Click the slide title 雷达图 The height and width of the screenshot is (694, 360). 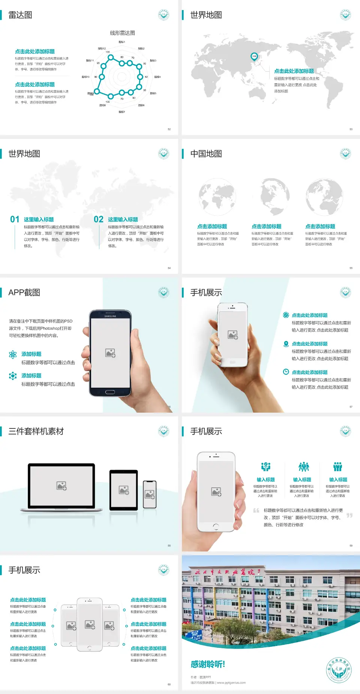[x=20, y=15]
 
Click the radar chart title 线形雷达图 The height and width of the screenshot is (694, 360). [x=122, y=33]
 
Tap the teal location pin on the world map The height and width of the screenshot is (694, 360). [x=254, y=57]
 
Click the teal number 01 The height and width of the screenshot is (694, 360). [x=15, y=219]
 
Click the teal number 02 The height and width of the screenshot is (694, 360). [x=99, y=219]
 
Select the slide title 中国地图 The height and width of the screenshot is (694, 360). [x=206, y=154]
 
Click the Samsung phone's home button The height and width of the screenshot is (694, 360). [x=110, y=392]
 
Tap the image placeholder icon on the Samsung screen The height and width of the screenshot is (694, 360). [x=110, y=353]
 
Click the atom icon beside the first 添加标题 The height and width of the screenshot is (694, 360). [x=13, y=355]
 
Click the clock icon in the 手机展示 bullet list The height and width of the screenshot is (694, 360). [x=286, y=372]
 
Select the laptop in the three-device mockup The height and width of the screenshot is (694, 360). [x=61, y=487]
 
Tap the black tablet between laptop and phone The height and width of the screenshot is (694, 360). [x=124, y=490]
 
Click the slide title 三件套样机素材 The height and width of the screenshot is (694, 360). [x=36, y=431]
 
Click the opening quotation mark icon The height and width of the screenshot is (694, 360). [x=256, y=510]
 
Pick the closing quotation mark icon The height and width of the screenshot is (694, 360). [x=349, y=515]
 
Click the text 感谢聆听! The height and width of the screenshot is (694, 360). [x=208, y=664]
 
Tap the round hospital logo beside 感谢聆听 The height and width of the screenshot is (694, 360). [x=339, y=670]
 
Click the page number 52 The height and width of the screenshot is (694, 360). [x=169, y=129]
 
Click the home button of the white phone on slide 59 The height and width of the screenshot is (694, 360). [x=216, y=527]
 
